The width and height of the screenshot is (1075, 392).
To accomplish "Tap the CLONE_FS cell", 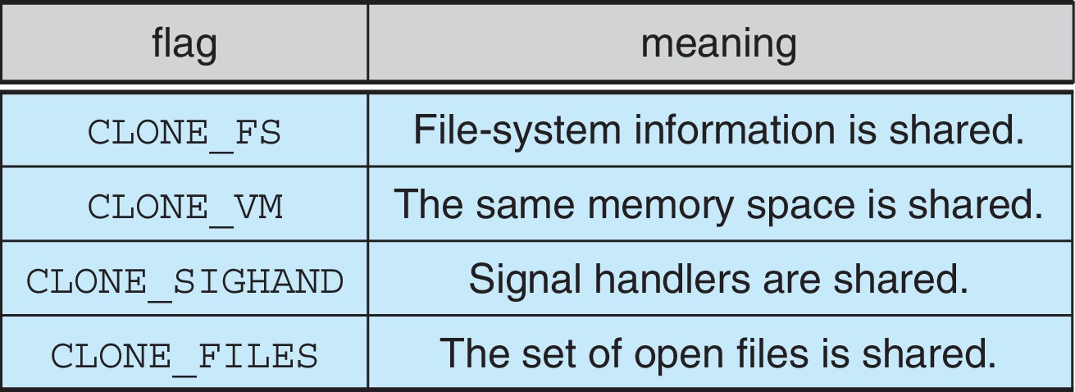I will coord(184,133).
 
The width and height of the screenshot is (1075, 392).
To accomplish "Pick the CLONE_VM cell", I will coord(184,207).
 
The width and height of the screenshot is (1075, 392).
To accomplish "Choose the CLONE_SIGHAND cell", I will coord(184,280).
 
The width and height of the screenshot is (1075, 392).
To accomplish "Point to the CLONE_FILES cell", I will coord(184,354).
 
